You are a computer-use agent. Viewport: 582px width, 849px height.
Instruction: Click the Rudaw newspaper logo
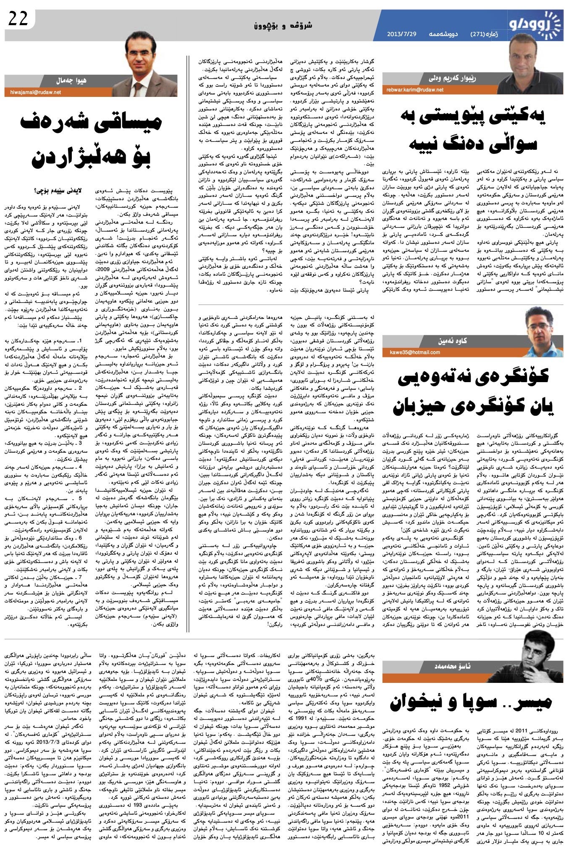tap(536, 26)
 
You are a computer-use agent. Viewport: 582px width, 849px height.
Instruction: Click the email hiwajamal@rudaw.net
tap(33, 93)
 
